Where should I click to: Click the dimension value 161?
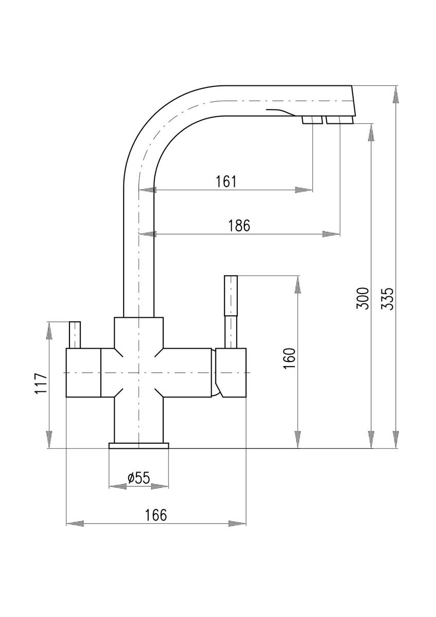click(226, 182)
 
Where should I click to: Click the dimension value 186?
click(239, 226)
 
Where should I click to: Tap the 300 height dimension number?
click(362, 298)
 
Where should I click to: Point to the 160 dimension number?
click(290, 359)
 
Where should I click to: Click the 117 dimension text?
click(41, 384)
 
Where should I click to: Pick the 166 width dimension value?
click(156, 515)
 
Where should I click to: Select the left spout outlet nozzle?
click(312, 120)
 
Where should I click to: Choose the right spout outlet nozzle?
click(340, 120)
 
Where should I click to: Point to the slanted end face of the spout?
click(354, 101)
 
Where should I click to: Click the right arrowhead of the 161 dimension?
click(304, 190)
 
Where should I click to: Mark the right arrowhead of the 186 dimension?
click(331, 234)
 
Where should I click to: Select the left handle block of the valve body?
click(83, 373)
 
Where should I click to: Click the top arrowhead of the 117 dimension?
click(49, 330)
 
